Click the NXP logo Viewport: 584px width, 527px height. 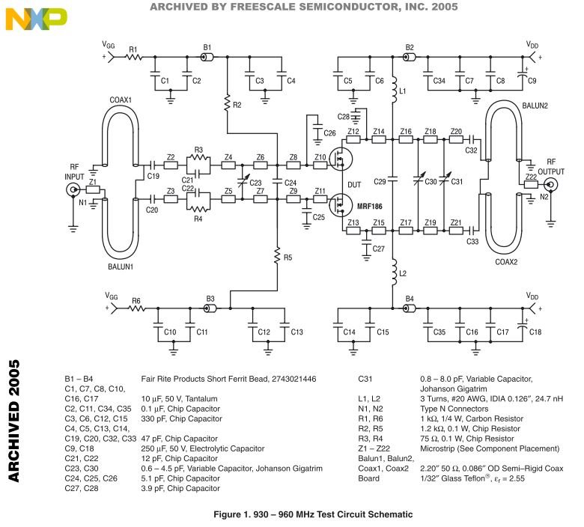pyautogui.click(x=36, y=18)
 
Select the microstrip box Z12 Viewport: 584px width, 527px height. pyautogui.click(x=353, y=140)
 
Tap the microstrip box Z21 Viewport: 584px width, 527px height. pyautogui.click(x=456, y=231)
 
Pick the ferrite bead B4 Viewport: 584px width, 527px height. pyautogui.click(x=410, y=308)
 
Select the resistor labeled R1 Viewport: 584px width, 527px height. pyautogui.click(x=134, y=57)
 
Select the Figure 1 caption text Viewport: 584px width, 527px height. pyautogui.click(x=313, y=514)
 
